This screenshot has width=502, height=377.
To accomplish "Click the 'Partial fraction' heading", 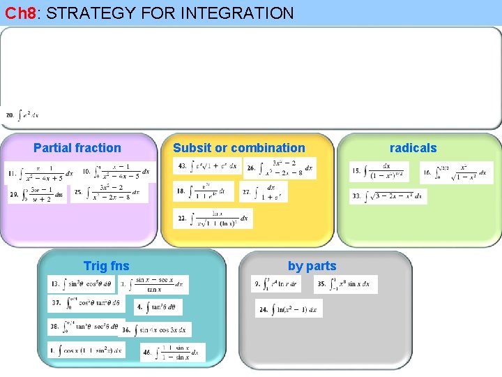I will [77, 148].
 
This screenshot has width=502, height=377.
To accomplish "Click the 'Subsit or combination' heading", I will [238, 148].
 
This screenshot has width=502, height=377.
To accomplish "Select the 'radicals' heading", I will [413, 148].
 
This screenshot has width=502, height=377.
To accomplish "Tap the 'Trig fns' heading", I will [106, 266].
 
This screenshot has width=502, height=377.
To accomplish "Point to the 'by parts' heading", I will [312, 266].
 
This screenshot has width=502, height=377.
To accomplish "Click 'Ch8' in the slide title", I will [20, 13].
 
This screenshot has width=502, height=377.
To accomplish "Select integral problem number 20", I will [22, 114].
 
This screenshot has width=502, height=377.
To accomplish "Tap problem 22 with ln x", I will [213, 219].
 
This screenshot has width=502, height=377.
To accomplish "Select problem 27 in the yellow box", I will [261, 191].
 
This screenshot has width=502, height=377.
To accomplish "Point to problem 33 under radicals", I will [387, 197].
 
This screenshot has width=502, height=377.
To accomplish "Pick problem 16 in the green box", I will [456, 172].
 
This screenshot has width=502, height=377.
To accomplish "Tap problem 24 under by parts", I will [289, 309].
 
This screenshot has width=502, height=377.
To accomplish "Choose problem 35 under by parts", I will [345, 284].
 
